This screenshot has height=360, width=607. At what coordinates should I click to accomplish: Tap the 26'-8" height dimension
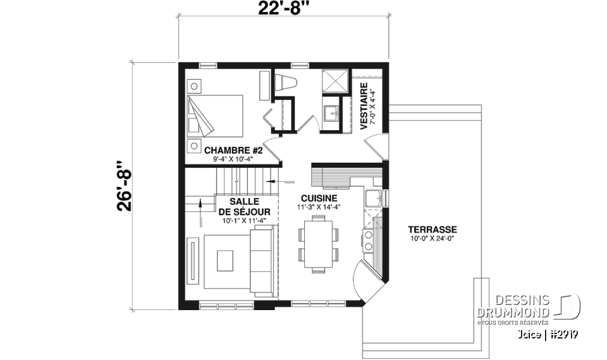(x=125, y=187)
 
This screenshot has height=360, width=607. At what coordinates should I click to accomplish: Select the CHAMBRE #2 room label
(x=229, y=151)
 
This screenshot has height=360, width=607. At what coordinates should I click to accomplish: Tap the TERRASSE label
(x=432, y=229)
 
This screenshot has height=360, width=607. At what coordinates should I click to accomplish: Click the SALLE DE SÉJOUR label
(x=245, y=206)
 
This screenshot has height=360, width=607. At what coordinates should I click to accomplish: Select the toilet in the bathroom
(x=287, y=84)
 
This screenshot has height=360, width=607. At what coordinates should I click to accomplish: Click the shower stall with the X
(x=335, y=81)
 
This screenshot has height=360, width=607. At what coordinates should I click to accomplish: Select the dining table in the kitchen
(x=317, y=244)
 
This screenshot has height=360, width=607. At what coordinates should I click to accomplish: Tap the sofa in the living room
(x=262, y=262)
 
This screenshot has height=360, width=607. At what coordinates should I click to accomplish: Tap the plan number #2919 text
(x=563, y=333)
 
